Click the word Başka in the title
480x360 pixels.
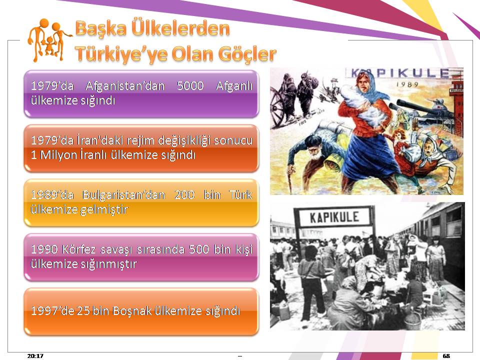pyautogui.click(x=100, y=28)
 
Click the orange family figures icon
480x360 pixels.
pyautogui.click(x=49, y=40)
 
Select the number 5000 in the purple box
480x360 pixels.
pyautogui.click(x=190, y=85)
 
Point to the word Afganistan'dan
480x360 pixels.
pyautogui.click(x=125, y=85)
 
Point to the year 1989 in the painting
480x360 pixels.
pyautogui.click(x=407, y=84)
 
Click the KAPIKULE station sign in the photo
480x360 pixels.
pyautogui.click(x=334, y=217)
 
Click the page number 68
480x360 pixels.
pyautogui.click(x=446, y=355)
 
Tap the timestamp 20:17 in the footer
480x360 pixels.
pyautogui.click(x=35, y=355)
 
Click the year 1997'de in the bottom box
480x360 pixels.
pyautogui.click(x=52, y=310)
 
